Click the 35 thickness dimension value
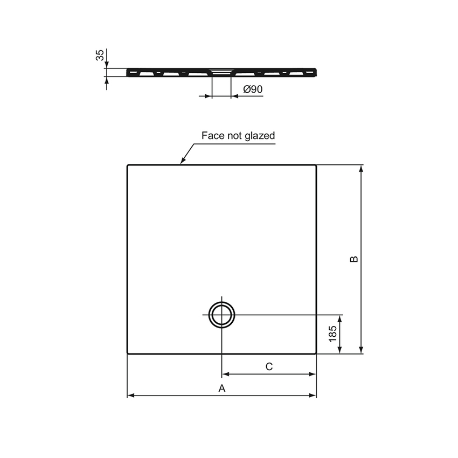click(x=100, y=55)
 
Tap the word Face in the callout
click(x=213, y=135)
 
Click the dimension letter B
click(x=354, y=259)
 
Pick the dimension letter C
click(x=269, y=366)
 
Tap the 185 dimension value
click(x=333, y=334)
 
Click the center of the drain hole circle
click(x=221, y=314)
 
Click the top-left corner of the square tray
click(x=128, y=165)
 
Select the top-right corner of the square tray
click(x=316, y=165)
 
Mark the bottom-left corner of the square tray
click(x=128, y=353)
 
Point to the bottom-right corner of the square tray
click(x=316, y=353)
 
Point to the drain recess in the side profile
click(x=221, y=71)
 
